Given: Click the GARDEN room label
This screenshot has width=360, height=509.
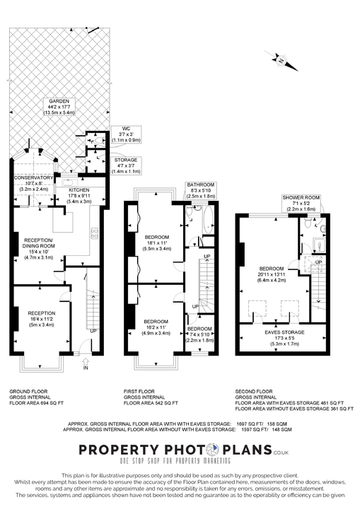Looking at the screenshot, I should click(x=54, y=106).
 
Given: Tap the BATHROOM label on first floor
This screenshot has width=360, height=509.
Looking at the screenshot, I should click(x=200, y=189).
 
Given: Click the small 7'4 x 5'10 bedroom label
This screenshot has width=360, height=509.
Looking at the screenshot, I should click(x=199, y=333).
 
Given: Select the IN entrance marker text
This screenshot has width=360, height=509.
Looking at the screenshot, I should click(x=86, y=368).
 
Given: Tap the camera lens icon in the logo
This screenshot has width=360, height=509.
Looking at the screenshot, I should click(x=212, y=450).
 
